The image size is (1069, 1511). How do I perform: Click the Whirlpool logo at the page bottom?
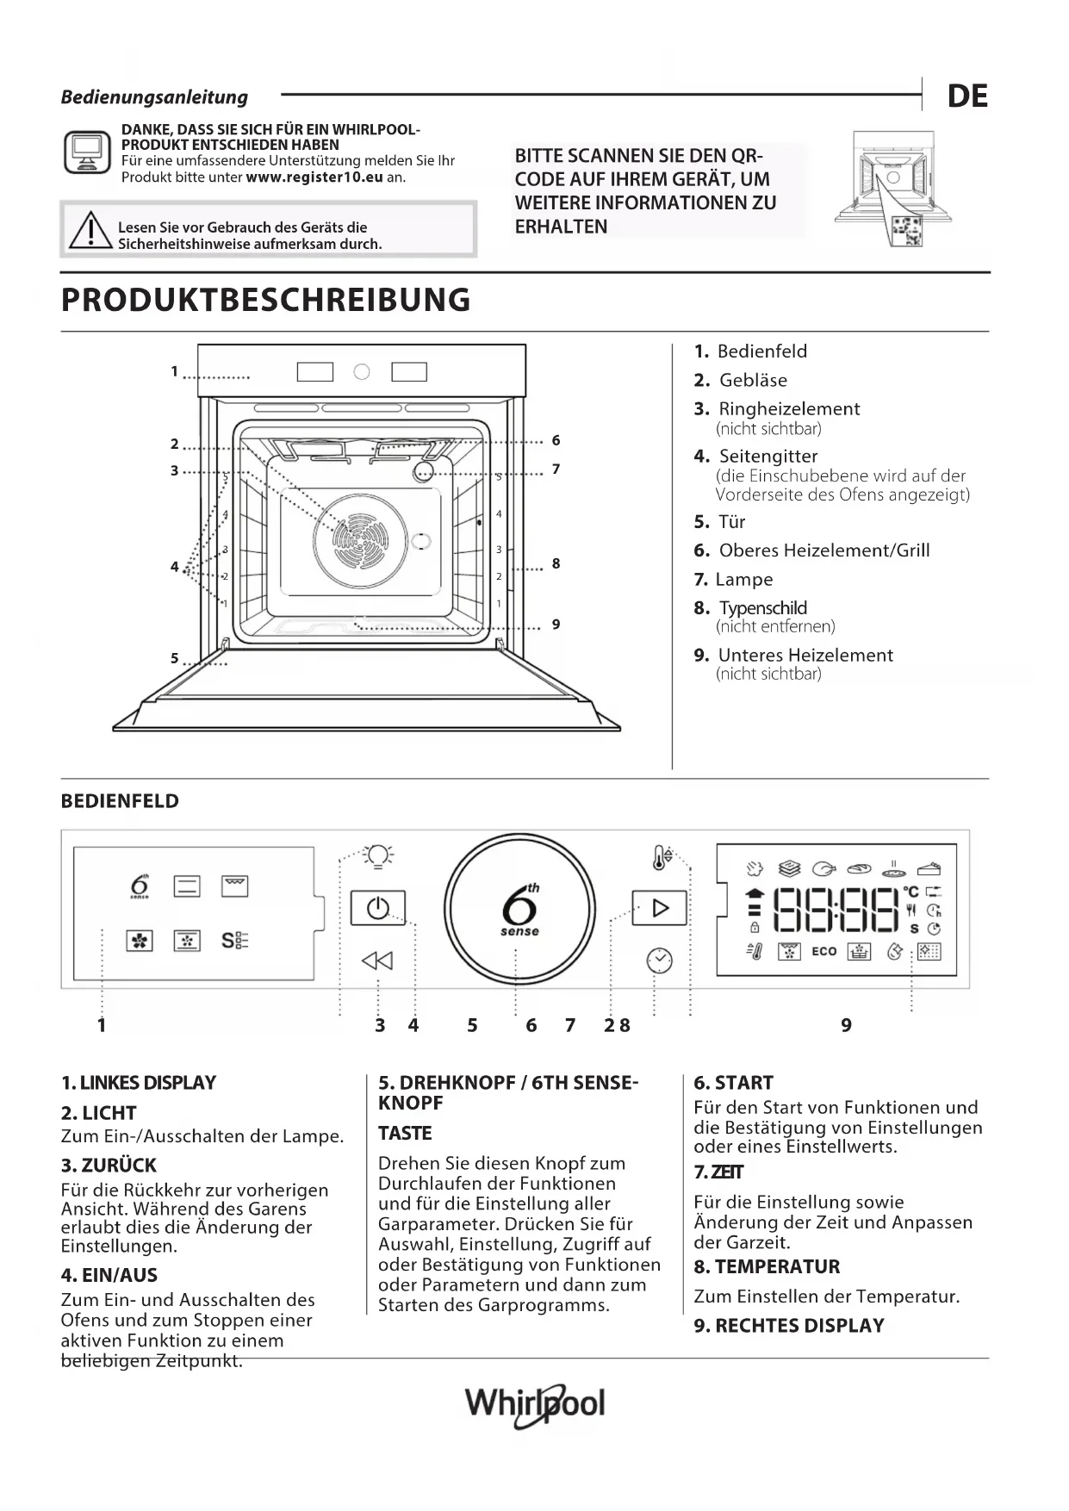click(x=535, y=1405)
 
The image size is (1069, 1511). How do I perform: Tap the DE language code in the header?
click(x=967, y=96)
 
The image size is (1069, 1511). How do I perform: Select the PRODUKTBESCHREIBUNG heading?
click(x=266, y=300)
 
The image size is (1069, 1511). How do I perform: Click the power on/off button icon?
click(x=378, y=908)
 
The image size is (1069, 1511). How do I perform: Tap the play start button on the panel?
click(x=660, y=908)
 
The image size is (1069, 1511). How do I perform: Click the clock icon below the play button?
click(x=659, y=960)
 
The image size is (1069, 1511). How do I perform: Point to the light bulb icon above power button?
click(x=377, y=855)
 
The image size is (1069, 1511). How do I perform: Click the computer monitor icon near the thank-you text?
click(x=87, y=153)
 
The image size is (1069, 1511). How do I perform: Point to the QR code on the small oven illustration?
click(x=907, y=230)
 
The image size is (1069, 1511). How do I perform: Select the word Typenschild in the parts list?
click(x=763, y=608)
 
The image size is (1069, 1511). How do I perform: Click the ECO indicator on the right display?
click(x=824, y=951)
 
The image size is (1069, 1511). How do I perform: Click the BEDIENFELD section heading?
click(x=120, y=801)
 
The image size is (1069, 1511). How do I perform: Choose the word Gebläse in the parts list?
click(x=753, y=380)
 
